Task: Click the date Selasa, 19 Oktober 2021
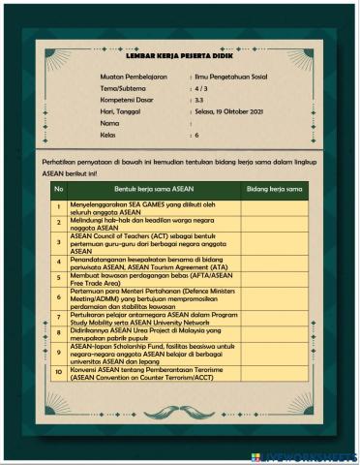tap(230, 112)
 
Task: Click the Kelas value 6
tap(195, 137)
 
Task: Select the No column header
tap(58, 188)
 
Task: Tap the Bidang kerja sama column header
tap(275, 188)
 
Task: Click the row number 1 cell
tap(58, 206)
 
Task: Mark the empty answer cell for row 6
tap(275, 295)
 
